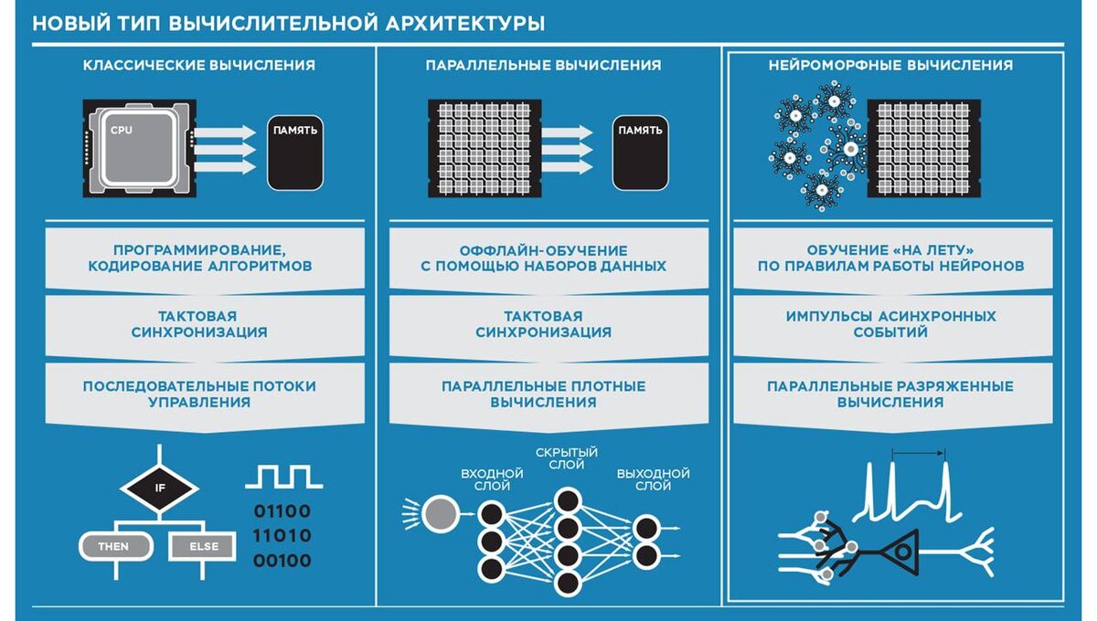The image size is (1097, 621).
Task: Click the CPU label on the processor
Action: [122, 131]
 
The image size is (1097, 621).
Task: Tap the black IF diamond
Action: [160, 487]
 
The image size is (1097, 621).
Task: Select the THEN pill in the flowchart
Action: [113, 547]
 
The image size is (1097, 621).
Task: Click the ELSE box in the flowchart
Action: [203, 547]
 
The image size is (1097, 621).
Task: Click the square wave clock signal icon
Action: [283, 476]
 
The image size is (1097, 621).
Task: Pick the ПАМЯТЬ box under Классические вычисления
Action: [295, 152]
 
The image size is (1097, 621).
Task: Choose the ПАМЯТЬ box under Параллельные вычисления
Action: [640, 152]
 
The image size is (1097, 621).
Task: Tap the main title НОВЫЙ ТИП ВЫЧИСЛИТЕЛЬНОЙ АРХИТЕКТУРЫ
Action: [288, 23]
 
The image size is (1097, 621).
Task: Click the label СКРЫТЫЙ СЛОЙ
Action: [566, 458]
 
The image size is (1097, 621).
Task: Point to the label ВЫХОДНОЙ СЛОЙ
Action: [653, 479]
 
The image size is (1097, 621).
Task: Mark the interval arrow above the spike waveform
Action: [919, 451]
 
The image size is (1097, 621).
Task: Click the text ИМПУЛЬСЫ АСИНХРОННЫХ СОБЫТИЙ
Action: [890, 324]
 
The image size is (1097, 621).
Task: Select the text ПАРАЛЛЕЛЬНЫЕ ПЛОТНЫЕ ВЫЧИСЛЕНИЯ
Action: [544, 394]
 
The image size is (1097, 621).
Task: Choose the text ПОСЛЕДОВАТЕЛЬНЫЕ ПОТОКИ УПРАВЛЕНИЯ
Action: [199, 394]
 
